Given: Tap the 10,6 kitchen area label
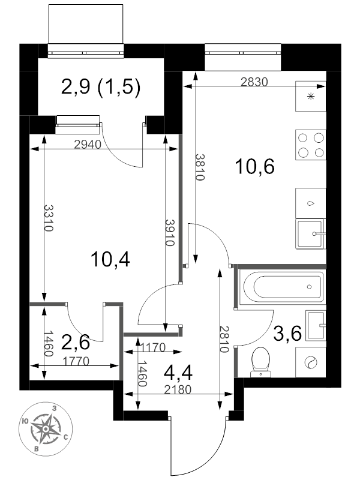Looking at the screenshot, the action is coord(254,167).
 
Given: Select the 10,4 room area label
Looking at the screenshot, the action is coord(110,260).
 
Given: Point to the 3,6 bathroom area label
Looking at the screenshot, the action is coord(287,334).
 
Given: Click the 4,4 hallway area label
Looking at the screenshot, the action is coord(178,373).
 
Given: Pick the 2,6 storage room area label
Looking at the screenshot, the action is coord(76,342).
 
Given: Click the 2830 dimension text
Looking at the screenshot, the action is coord(254,82).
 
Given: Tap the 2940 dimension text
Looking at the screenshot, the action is coord(88,144).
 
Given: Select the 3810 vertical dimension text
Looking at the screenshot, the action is coord(199,167).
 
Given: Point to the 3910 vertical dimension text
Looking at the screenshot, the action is coord(169,233).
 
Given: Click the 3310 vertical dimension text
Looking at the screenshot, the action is coord(49,218).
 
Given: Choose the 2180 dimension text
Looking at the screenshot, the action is coord(178,389).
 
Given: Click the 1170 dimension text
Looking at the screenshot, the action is coord(153,347).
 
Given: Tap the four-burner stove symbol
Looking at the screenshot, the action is coord(311,145).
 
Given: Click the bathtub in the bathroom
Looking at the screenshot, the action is coord(281,287).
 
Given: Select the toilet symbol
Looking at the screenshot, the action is coord(260,362).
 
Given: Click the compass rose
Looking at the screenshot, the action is coord(46,429).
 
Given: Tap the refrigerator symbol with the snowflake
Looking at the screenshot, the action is coord(311,96).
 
